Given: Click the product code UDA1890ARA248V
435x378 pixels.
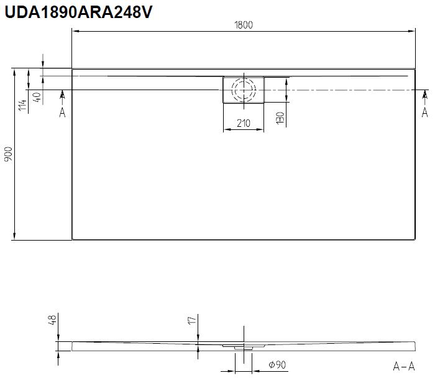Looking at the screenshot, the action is click(x=78, y=12).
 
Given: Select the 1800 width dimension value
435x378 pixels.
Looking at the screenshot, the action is click(x=244, y=25).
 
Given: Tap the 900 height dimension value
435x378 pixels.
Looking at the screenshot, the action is click(x=8, y=155).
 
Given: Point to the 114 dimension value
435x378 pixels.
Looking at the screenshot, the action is click(x=22, y=105).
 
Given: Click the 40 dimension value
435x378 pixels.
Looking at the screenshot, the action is click(x=37, y=97).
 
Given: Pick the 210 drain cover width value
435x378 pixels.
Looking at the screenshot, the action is click(x=244, y=123).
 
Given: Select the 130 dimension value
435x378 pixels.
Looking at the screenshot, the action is click(x=280, y=118).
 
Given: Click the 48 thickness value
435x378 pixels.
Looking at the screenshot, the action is click(x=52, y=319).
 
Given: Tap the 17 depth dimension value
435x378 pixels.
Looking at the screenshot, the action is click(x=192, y=320).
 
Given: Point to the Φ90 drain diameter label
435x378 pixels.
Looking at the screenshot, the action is click(x=277, y=365).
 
